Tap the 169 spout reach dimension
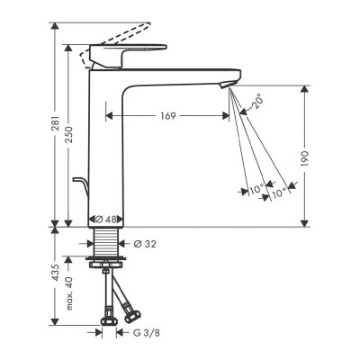coord(167,116)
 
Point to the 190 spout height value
coord(305,158)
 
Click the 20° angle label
coord(257,102)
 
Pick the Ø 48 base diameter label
coord(105,220)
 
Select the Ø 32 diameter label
coord(145,244)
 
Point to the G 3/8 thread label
coord(147,333)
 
